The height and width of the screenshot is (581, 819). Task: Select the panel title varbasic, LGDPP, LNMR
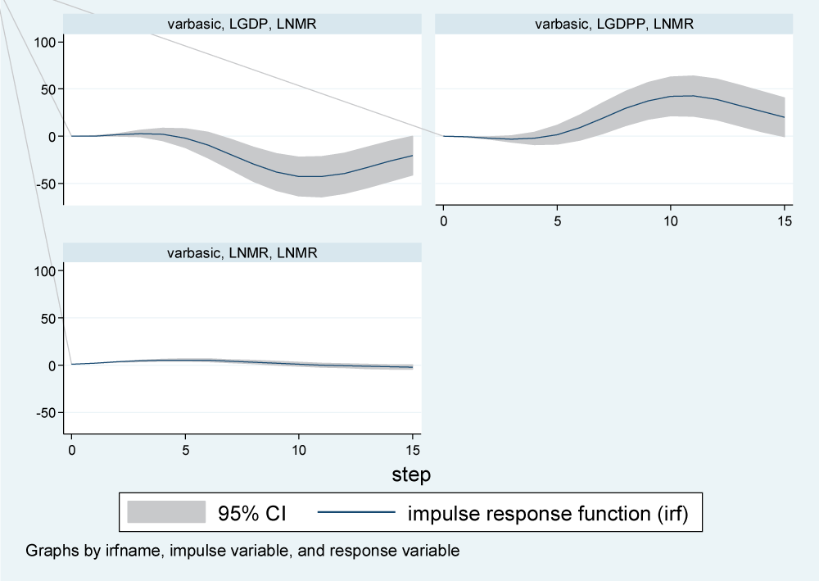pyautogui.click(x=614, y=25)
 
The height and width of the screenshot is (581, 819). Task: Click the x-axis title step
pyautogui.click(x=411, y=474)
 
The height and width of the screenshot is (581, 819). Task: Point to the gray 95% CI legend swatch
pyautogui.click(x=166, y=513)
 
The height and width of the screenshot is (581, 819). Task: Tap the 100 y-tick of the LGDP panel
pyautogui.click(x=42, y=42)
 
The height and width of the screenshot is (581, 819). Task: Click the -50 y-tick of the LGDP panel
pyautogui.click(x=39, y=184)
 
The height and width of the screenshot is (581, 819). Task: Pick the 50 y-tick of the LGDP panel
pyautogui.click(x=45, y=89)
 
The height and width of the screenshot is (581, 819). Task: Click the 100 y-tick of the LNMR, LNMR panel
pyautogui.click(x=42, y=271)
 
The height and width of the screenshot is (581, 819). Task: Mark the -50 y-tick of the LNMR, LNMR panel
pyautogui.click(x=39, y=413)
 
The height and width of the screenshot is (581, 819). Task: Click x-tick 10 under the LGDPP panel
pyautogui.click(x=670, y=221)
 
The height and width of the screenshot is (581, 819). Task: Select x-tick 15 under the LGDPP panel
pyautogui.click(x=784, y=221)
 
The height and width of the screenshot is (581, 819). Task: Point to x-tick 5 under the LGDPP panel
pyautogui.click(x=557, y=221)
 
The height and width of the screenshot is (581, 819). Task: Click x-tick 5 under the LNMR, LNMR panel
pyautogui.click(x=185, y=450)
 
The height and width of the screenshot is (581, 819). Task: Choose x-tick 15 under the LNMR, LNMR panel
pyautogui.click(x=412, y=450)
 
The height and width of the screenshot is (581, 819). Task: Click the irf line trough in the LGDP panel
pyautogui.click(x=310, y=176)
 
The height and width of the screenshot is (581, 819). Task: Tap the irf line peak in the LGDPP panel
pyautogui.click(x=682, y=96)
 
